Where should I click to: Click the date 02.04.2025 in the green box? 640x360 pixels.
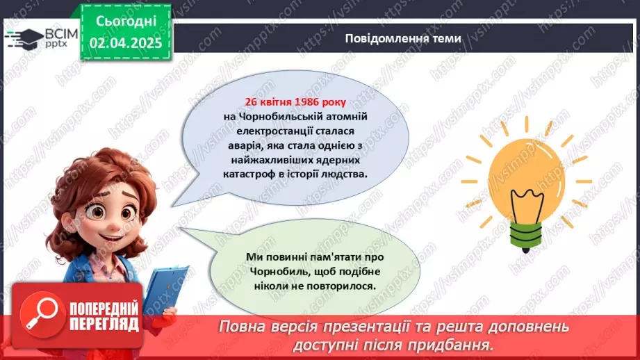coord(126,43)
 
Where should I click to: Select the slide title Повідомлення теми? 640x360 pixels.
coord(402,38)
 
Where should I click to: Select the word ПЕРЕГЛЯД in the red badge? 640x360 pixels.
coord(104,324)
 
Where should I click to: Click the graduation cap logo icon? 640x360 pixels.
coord(22,38)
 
